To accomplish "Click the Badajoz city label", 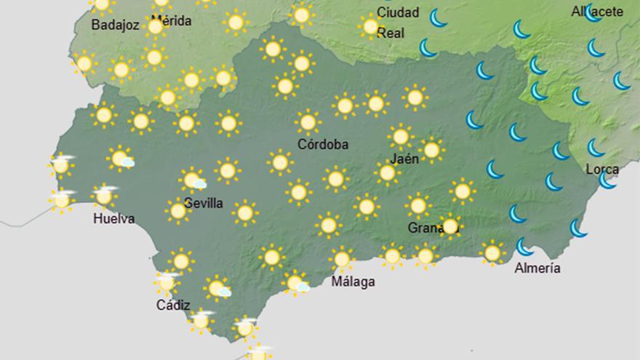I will [x=115, y=25].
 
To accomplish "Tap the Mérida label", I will [x=172, y=21].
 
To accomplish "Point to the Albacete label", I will [x=596, y=12].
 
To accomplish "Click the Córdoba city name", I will [x=323, y=144].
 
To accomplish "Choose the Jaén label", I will [x=404, y=159].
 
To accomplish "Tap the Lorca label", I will [x=602, y=170].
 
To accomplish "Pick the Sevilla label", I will [x=204, y=203].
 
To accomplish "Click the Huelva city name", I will [x=114, y=218].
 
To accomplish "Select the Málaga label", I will [x=353, y=281].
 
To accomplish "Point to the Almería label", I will [x=537, y=268].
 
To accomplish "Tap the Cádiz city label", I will [x=173, y=305].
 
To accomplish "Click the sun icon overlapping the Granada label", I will [x=450, y=225].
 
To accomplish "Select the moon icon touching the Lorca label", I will [x=608, y=180].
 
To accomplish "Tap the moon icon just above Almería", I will [x=524, y=247].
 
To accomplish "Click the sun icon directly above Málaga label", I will [x=341, y=258].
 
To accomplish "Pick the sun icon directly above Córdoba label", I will [x=308, y=121].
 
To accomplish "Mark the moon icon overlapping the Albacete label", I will [x=593, y=12].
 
